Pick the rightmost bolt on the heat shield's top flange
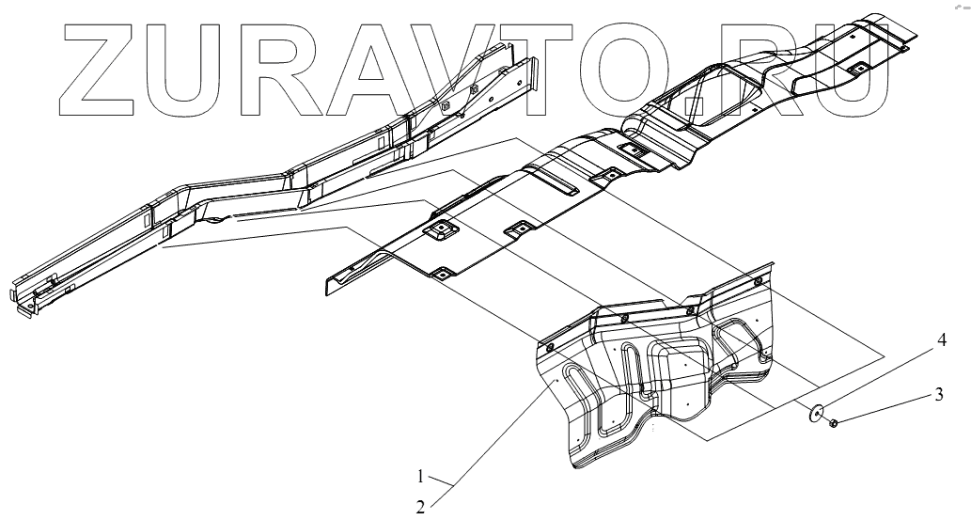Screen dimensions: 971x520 tap(759, 281)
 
